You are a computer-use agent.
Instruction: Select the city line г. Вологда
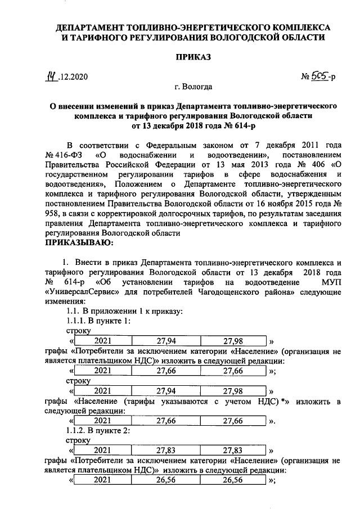[x=193, y=87]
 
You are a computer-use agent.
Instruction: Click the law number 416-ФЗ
[x=66, y=155]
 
